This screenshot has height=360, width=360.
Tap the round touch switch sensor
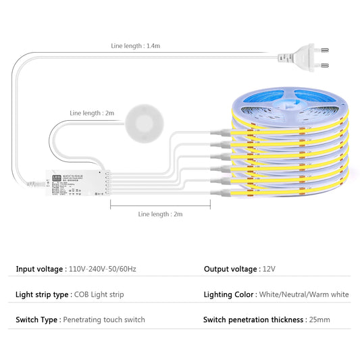[144, 123]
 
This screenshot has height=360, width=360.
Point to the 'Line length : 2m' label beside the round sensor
[93, 113]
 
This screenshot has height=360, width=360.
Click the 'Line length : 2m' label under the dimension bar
[160, 213]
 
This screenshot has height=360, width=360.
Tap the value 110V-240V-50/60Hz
[103, 269]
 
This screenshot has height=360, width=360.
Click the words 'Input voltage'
[40, 269]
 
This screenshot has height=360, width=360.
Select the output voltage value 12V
[269, 269]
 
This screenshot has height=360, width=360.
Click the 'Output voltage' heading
[230, 269]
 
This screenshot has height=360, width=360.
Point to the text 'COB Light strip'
[100, 295]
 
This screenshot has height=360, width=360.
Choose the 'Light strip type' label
[43, 295]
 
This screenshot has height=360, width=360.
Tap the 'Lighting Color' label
[229, 295]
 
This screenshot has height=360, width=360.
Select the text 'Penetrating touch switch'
[104, 319]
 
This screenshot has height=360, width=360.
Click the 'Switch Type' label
[37, 319]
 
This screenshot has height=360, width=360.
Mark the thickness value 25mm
[319, 319]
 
